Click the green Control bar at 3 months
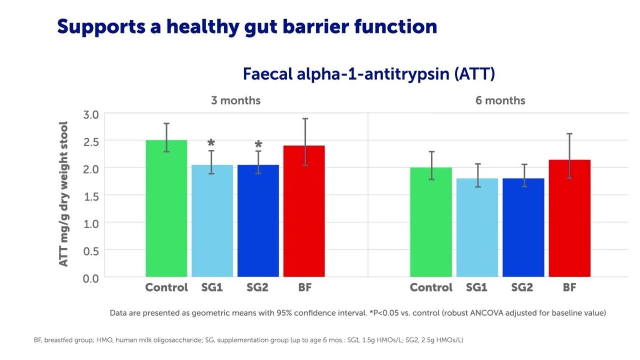click(166, 208)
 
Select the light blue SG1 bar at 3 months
click(212, 221)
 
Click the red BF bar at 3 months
click(304, 211)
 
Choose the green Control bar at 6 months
click(431, 222)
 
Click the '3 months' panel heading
click(236, 100)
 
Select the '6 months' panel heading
click(500, 100)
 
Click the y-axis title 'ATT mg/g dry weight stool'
click(64, 194)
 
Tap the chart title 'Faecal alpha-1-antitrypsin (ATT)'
click(369, 74)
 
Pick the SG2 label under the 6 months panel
click(522, 288)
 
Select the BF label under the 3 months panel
click(305, 288)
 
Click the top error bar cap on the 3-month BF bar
click(306, 119)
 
